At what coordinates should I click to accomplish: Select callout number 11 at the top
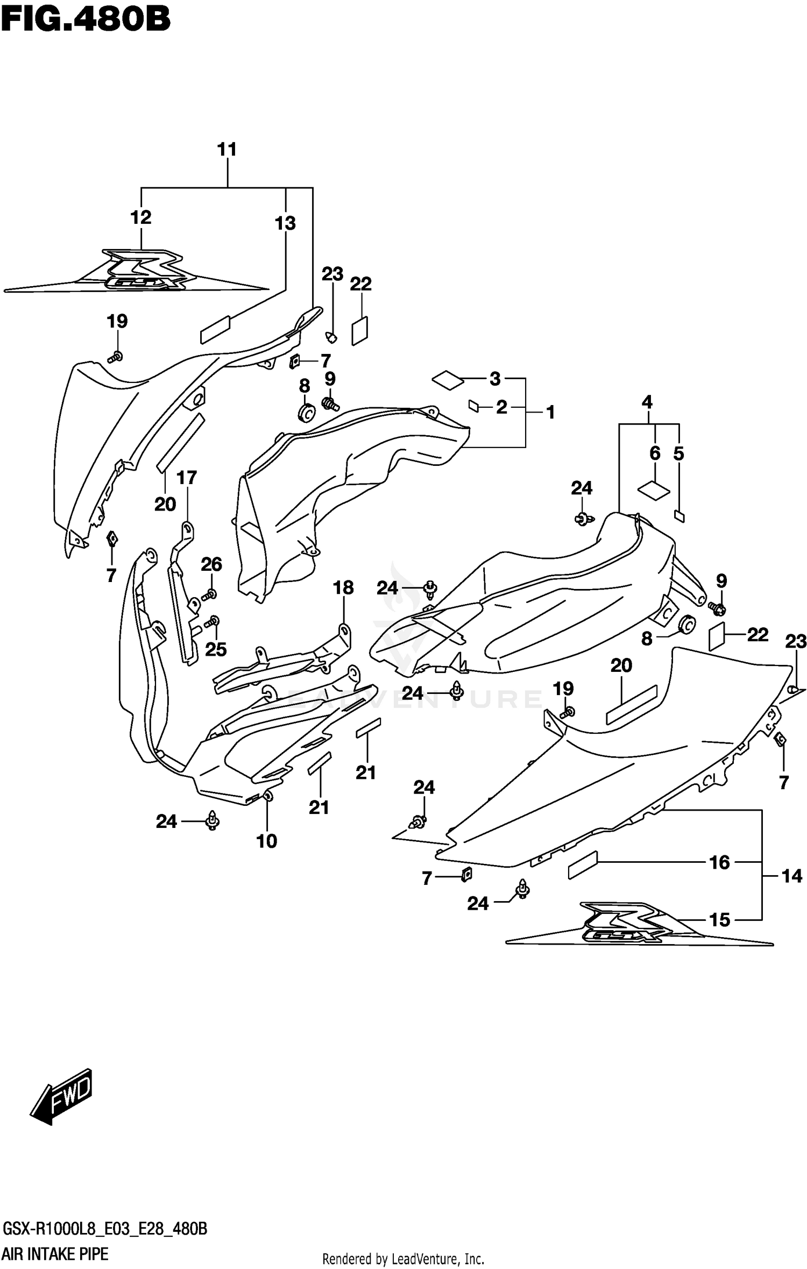227,150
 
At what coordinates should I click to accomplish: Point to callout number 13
285,223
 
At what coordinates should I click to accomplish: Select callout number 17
187,478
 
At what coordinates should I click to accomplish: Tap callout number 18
343,588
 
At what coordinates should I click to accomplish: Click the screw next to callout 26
209,595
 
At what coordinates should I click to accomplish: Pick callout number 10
266,841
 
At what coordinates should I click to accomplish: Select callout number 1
550,413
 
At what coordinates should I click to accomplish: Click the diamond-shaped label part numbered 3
448,380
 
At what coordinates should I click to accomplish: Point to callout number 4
647,402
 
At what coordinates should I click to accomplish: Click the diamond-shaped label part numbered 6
653,490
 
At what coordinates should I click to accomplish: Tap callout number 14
791,876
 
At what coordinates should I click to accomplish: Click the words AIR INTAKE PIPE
55,1256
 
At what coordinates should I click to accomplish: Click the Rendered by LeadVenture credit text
402,1259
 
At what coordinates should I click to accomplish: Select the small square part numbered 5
679,516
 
